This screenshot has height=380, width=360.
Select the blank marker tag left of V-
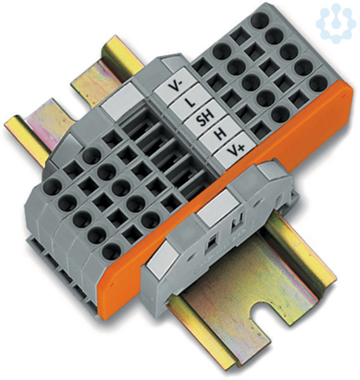(123, 99)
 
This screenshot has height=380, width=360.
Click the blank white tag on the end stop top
(217, 208)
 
